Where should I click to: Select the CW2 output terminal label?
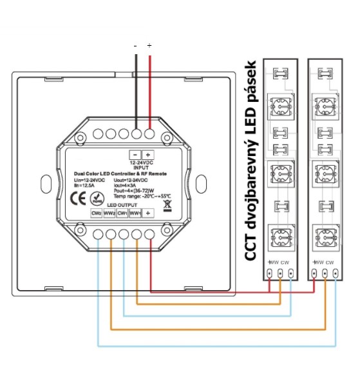click(x=96, y=213)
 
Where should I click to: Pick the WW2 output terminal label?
click(x=109, y=213)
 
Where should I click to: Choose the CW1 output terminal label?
click(x=122, y=213)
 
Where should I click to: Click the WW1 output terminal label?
click(x=135, y=213)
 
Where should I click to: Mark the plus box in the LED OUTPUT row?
click(x=149, y=213)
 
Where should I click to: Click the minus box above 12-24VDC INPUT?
click(x=135, y=155)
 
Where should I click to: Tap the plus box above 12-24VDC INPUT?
click(x=148, y=155)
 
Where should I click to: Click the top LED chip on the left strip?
click(x=281, y=105)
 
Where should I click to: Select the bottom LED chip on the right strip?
click(x=323, y=234)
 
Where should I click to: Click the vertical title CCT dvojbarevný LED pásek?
click(x=252, y=161)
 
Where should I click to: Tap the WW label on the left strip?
click(x=274, y=262)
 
